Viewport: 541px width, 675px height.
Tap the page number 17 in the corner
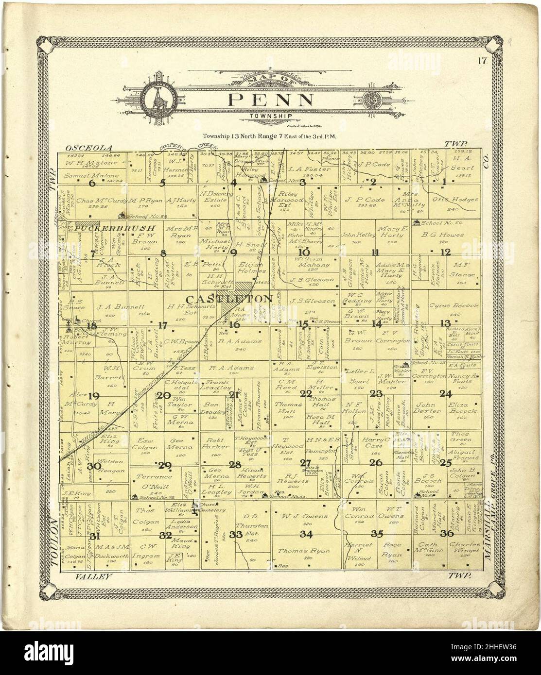click(x=482, y=61)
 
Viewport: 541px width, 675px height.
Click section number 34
click(x=306, y=535)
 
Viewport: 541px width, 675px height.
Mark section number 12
click(x=446, y=252)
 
